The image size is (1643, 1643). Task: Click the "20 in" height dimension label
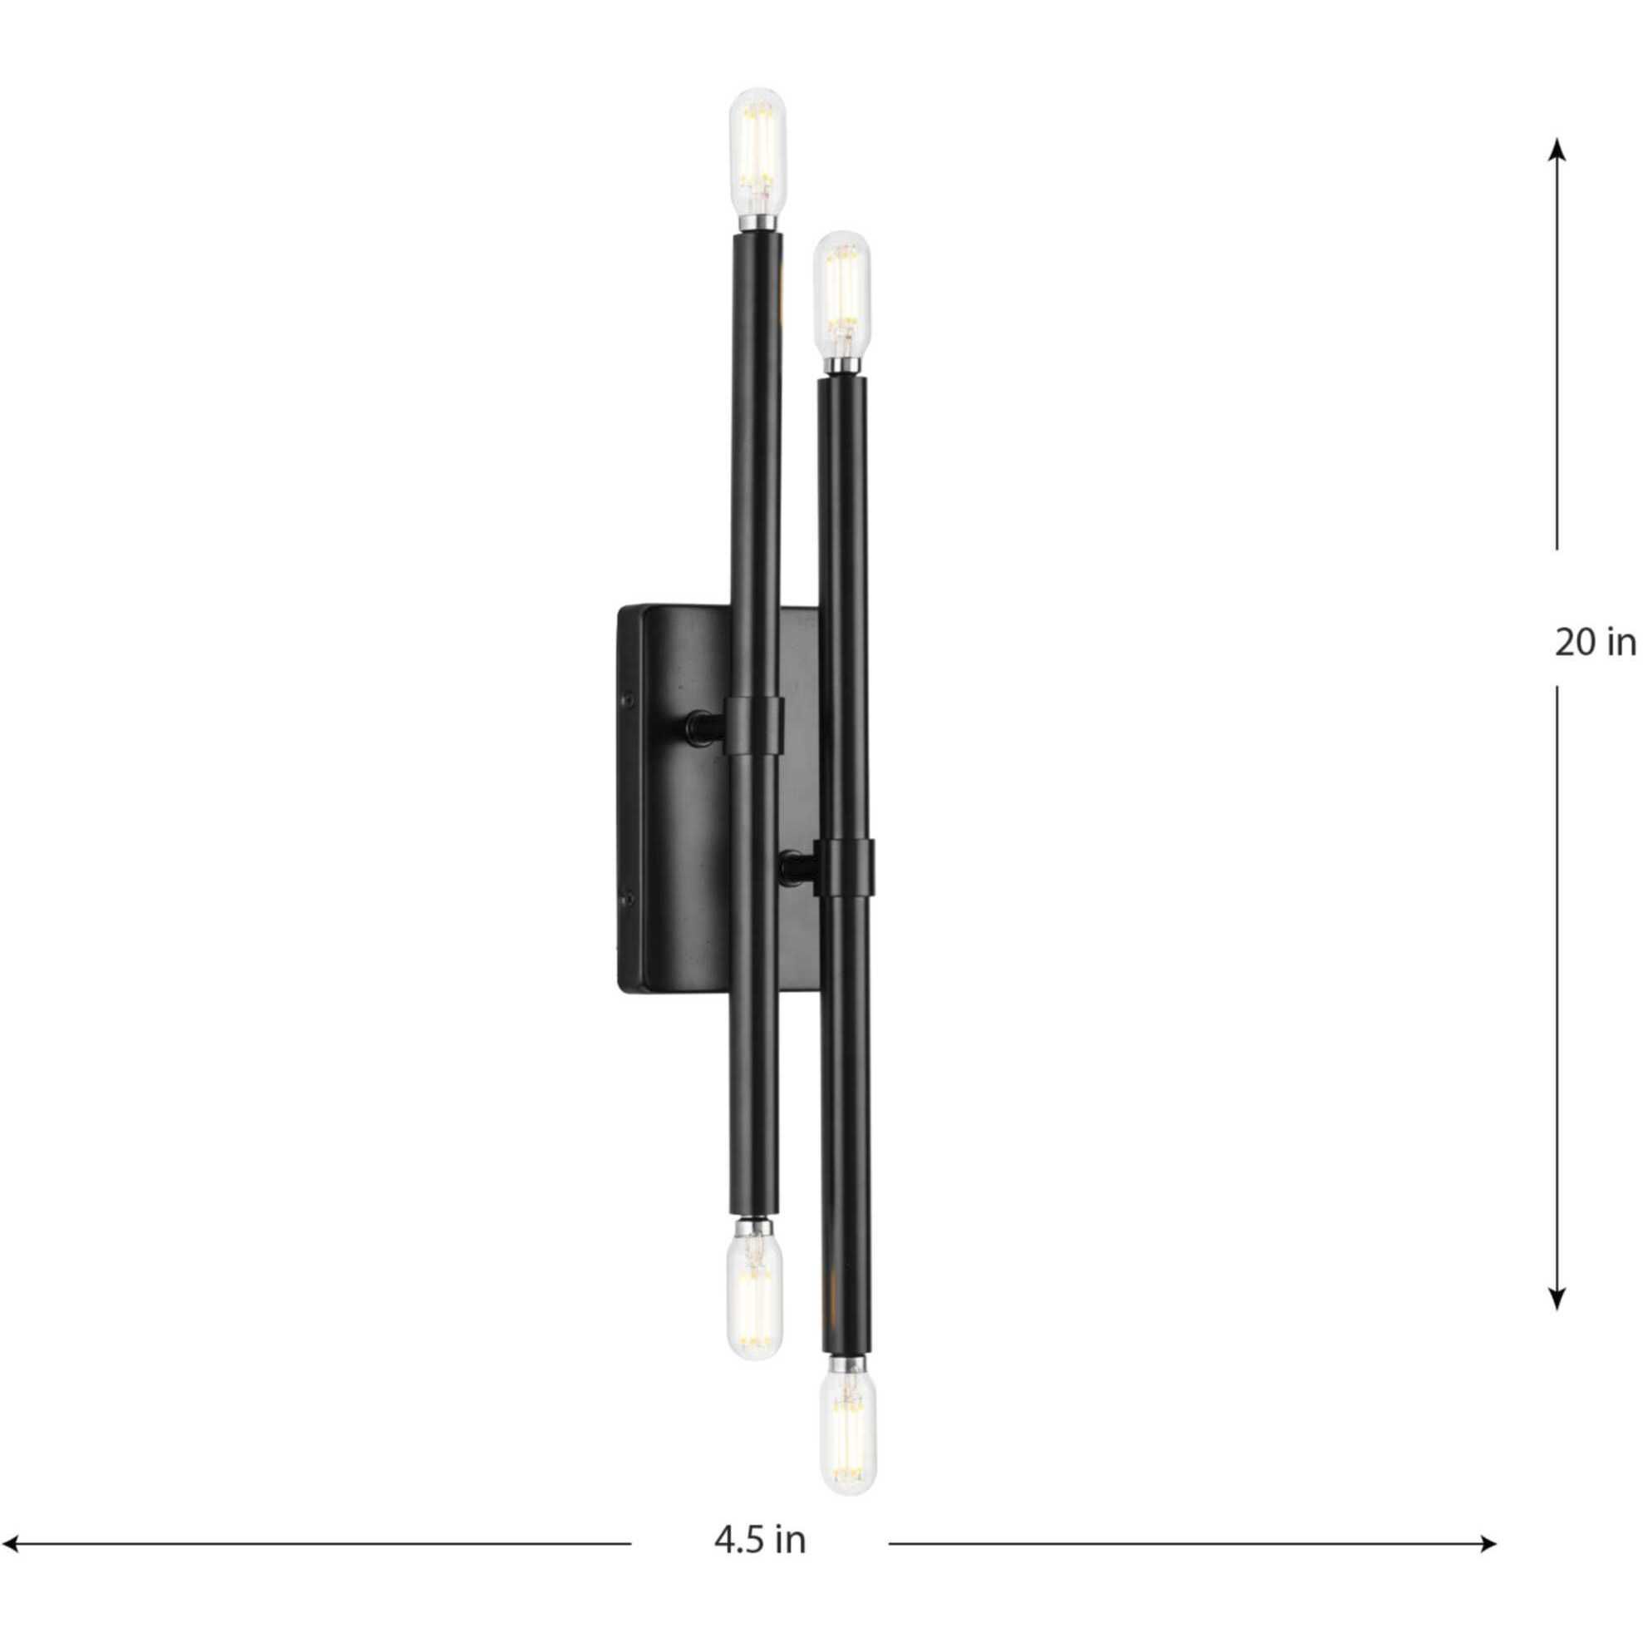coord(1595,643)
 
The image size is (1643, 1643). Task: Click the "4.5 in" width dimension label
coord(759,1516)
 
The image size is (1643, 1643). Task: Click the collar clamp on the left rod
coord(753,723)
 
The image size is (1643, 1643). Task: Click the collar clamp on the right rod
coord(845,866)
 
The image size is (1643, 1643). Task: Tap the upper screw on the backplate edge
coord(629,699)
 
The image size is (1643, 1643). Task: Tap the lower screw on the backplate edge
coord(629,896)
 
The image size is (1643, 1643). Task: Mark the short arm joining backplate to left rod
coord(705,724)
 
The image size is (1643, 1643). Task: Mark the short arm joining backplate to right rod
coord(797,868)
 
